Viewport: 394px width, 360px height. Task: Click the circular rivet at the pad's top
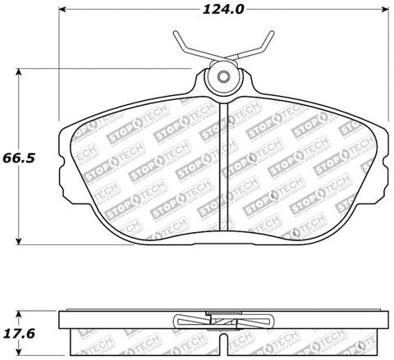pyautogui.click(x=222, y=77)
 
